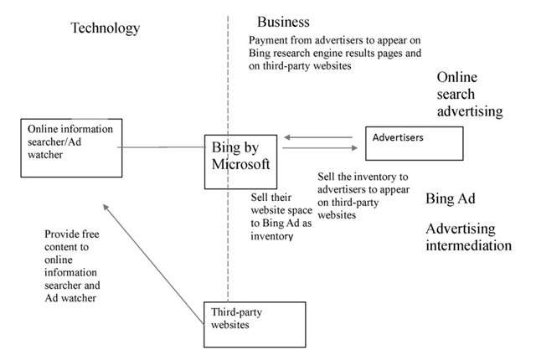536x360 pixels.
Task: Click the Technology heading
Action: [x=105, y=28]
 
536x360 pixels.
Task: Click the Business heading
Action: [x=283, y=21]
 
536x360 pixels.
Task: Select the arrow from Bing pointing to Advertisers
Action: [x=321, y=150]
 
